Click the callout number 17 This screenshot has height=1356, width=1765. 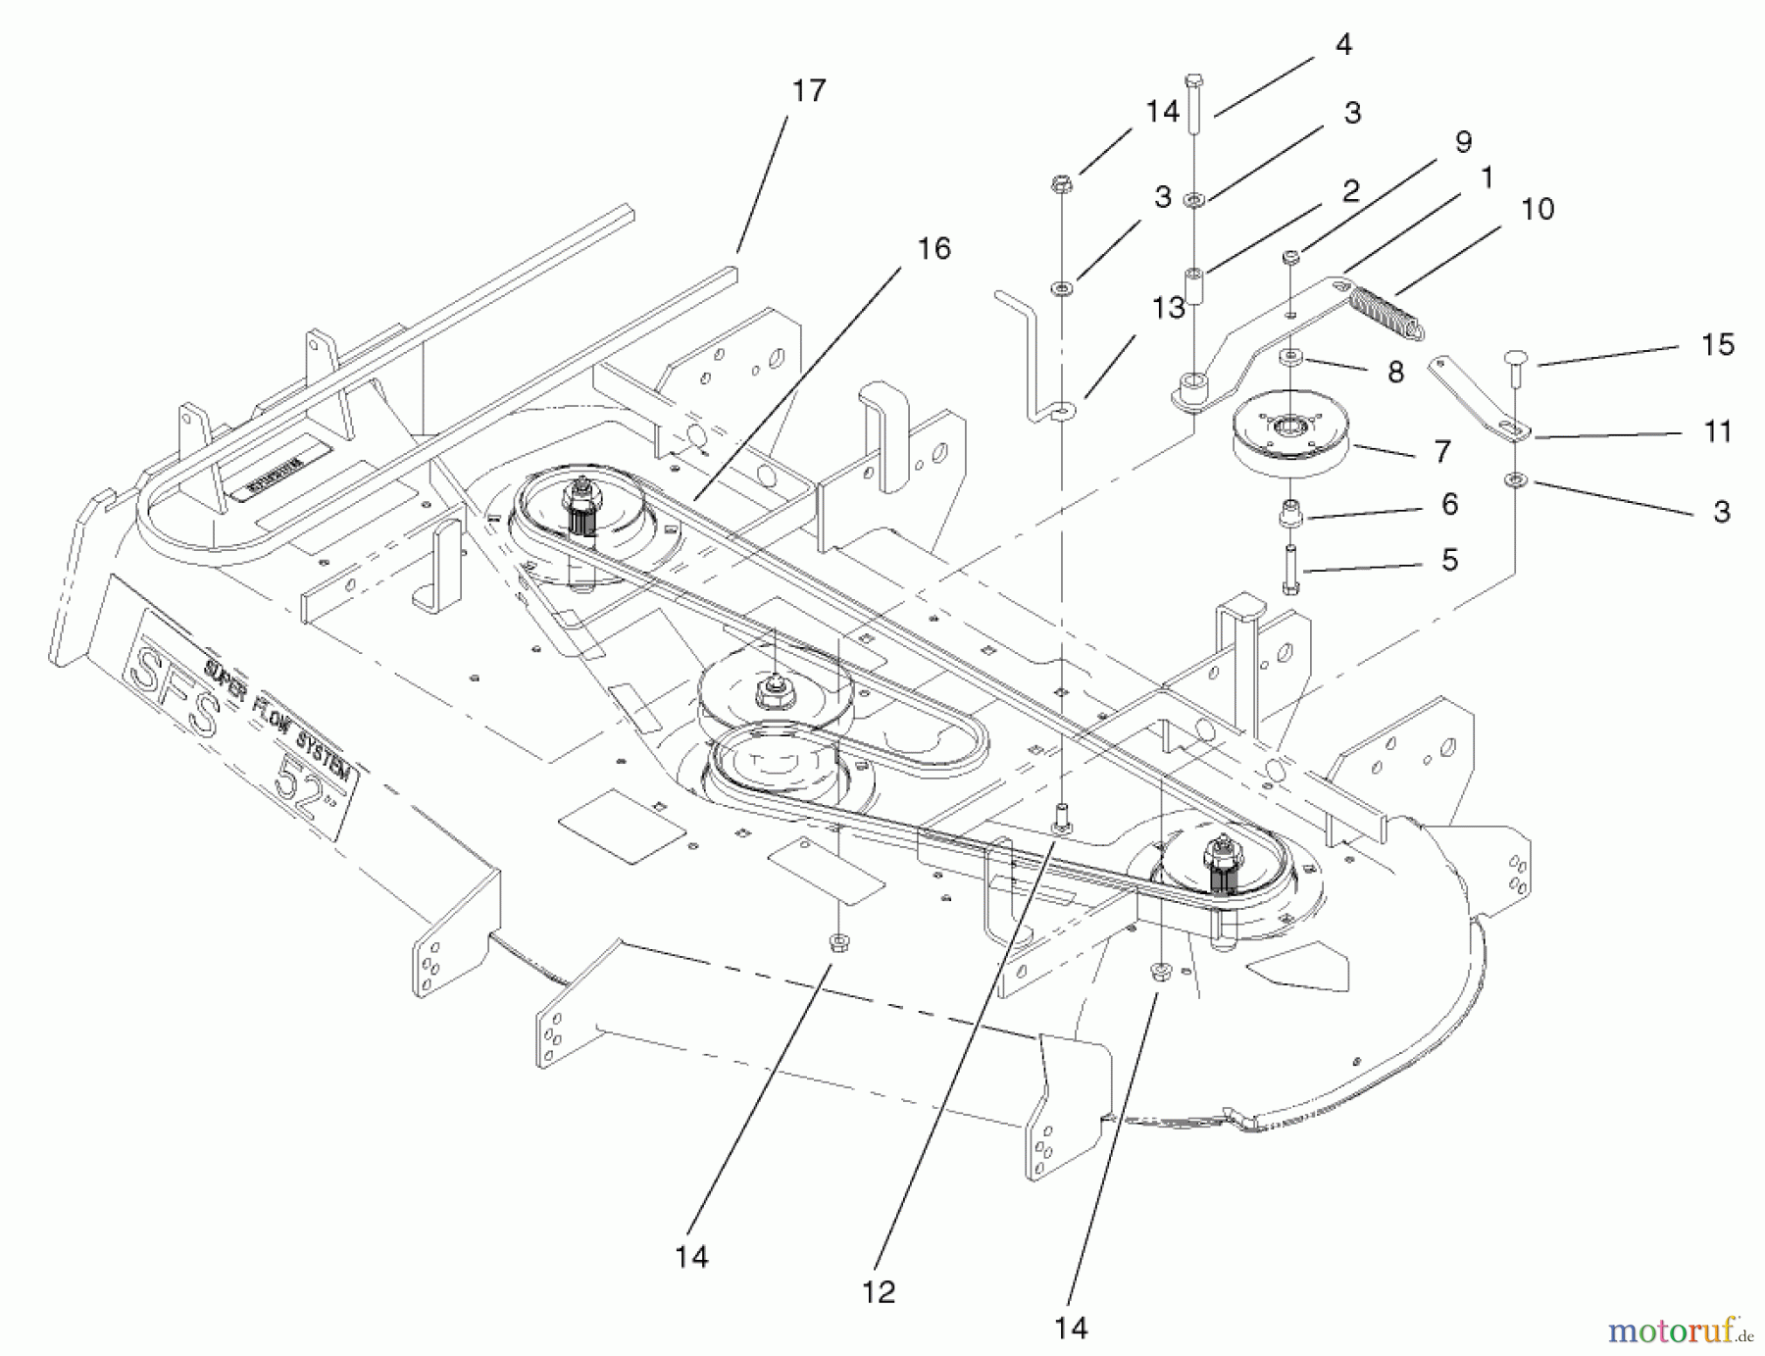click(809, 91)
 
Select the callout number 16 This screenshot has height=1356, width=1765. click(933, 249)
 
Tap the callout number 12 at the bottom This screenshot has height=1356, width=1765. click(879, 1292)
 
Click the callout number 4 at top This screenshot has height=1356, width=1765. click(1343, 45)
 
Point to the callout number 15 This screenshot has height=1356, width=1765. click(1717, 344)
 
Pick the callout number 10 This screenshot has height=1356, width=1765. click(1538, 209)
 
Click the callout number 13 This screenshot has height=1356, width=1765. click(1168, 308)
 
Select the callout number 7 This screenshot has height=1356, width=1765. click(1441, 451)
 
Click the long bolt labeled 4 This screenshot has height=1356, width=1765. click(1193, 103)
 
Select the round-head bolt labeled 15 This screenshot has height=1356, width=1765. click(1516, 358)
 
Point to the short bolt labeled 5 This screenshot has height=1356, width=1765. click(1290, 569)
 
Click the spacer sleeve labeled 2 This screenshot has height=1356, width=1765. click(1194, 286)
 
